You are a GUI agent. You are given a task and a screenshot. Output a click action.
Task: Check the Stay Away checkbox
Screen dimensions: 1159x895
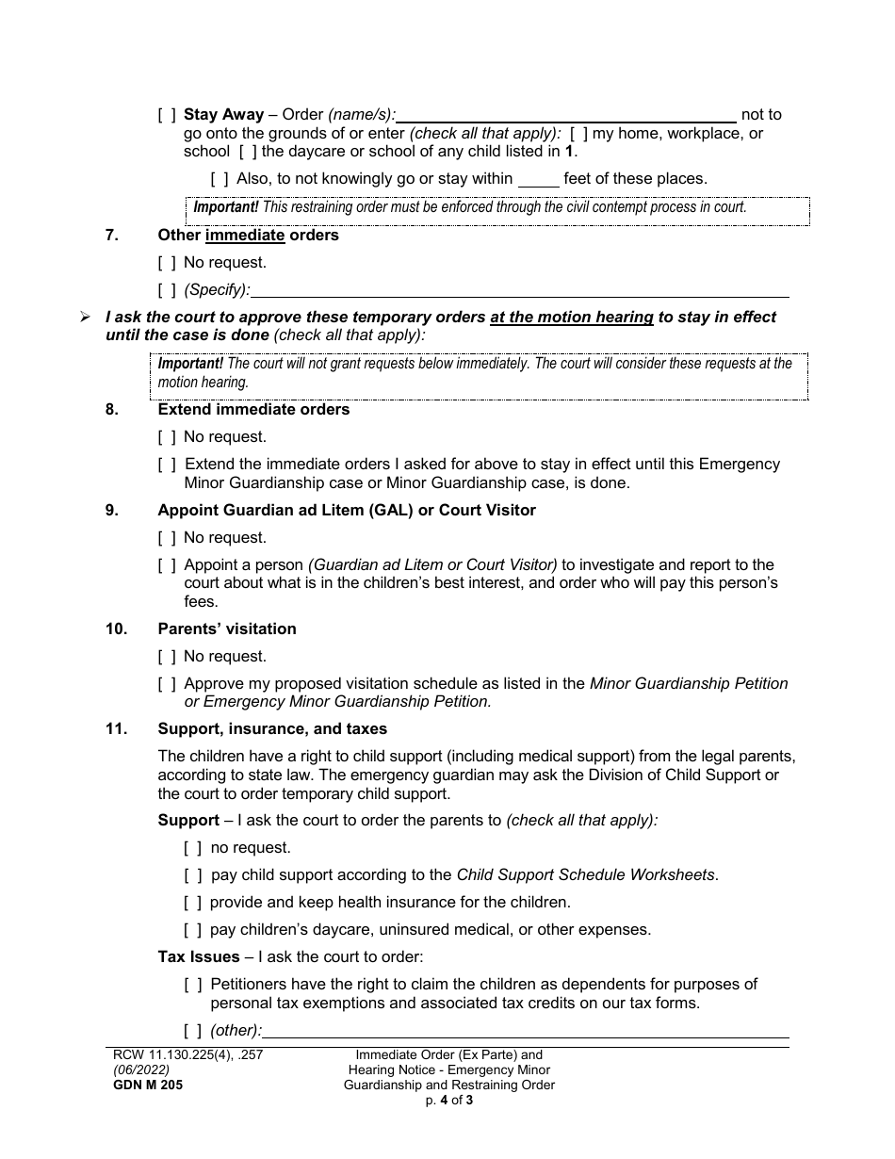click(x=166, y=115)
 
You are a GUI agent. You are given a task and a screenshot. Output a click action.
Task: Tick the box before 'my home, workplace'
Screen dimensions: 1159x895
click(x=578, y=134)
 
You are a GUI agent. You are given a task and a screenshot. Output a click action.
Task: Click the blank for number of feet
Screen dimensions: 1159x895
click(x=538, y=179)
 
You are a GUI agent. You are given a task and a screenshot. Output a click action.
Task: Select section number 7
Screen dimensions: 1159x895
click(x=112, y=236)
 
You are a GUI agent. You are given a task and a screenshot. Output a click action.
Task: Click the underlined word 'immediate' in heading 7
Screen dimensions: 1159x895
click(x=245, y=236)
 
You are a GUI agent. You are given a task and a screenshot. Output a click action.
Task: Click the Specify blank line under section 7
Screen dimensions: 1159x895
click(x=520, y=290)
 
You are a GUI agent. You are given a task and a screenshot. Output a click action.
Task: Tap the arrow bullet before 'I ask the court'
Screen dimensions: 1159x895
click(x=85, y=318)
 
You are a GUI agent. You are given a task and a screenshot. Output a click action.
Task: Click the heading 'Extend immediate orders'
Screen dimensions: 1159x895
click(x=253, y=410)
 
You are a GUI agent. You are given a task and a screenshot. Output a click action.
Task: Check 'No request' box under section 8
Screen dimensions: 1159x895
click(x=166, y=437)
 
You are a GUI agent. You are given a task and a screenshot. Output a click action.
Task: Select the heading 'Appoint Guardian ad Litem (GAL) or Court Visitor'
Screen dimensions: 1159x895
click(x=347, y=511)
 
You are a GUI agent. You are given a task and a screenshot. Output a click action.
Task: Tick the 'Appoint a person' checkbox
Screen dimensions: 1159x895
click(x=166, y=565)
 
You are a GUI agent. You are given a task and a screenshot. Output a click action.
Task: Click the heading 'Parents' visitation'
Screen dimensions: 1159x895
click(x=227, y=629)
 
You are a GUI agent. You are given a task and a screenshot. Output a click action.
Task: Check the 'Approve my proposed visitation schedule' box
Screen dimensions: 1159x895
click(x=166, y=684)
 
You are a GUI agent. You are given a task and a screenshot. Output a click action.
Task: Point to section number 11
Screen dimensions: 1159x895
click(x=116, y=729)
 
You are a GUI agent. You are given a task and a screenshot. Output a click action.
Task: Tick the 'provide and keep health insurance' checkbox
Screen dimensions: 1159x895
click(x=192, y=903)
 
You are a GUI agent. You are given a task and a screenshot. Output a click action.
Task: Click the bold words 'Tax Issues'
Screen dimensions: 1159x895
click(x=199, y=957)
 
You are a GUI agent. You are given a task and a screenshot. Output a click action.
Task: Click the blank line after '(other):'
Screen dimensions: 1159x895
click(x=526, y=1031)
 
